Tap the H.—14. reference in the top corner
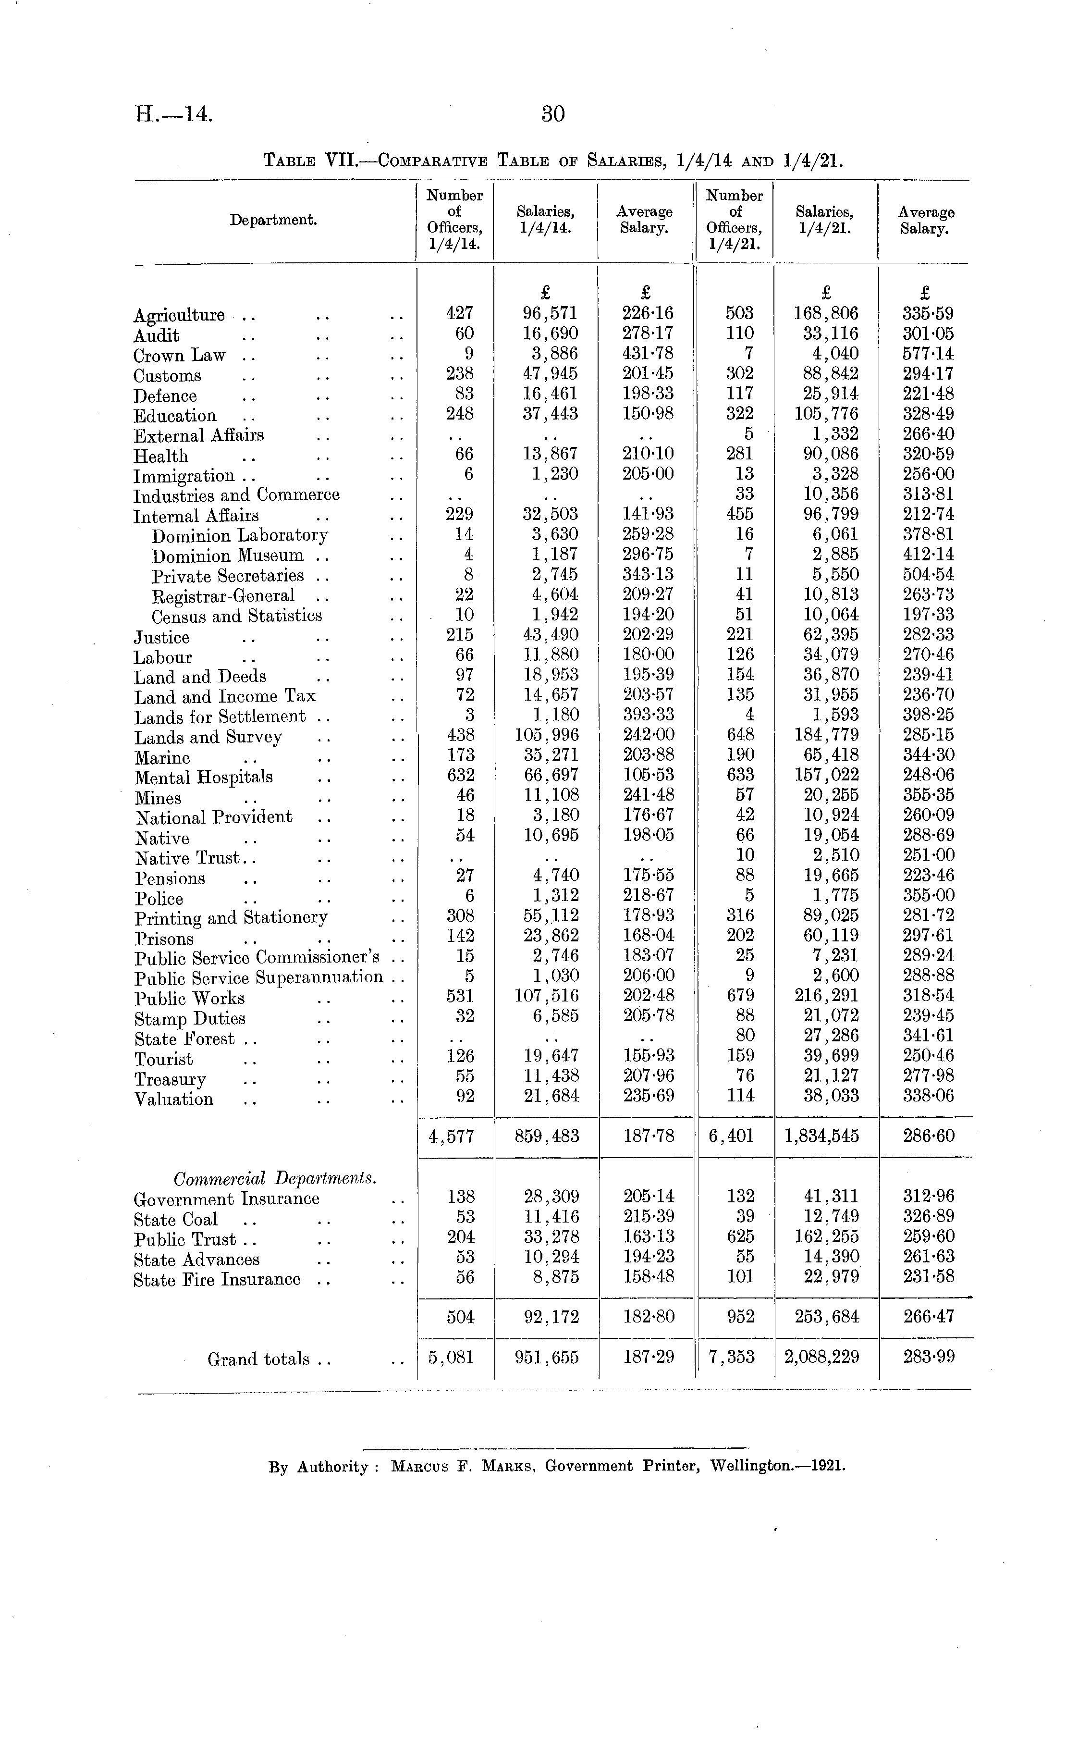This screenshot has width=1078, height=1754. coord(175,114)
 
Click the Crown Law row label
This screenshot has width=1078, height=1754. coord(180,355)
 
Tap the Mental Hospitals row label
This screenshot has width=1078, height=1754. coord(204,777)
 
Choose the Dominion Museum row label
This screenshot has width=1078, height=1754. coord(227,556)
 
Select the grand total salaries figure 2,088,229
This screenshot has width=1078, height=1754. coord(821,1357)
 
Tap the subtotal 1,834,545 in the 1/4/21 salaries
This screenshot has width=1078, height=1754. coord(821,1136)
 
